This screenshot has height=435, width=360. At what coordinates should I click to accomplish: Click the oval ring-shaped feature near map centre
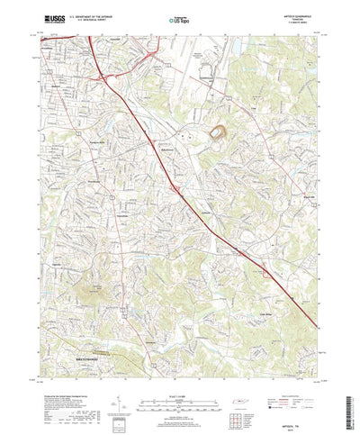pos(218,134)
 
